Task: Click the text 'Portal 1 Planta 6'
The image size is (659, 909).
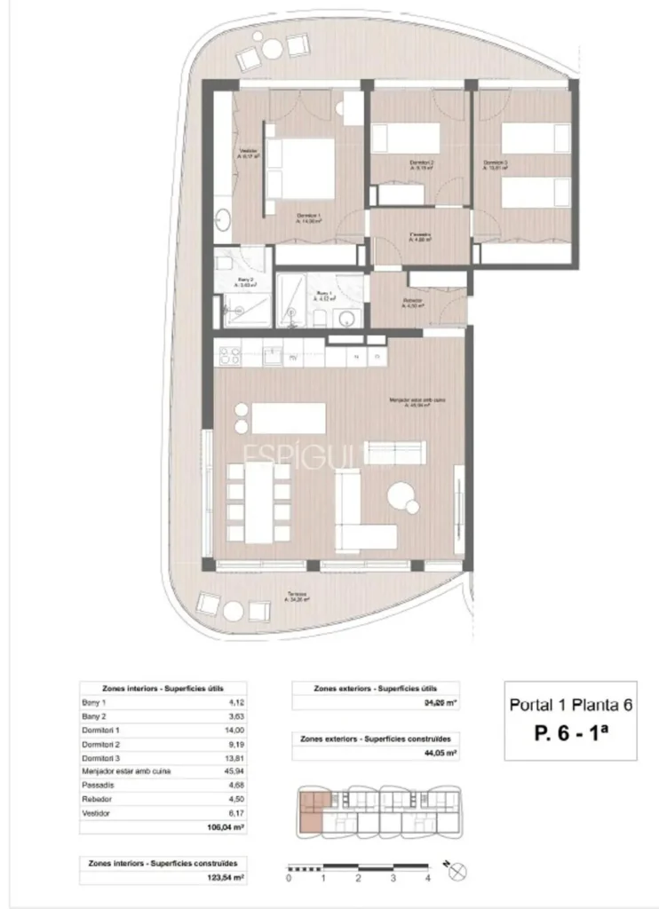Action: click(570, 706)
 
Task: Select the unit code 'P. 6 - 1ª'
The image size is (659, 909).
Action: click(570, 732)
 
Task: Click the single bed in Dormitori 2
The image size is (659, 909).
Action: click(407, 138)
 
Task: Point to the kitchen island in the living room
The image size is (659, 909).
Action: click(289, 417)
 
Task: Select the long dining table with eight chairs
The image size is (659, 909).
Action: click(259, 502)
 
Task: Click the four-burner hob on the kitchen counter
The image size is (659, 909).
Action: click(230, 356)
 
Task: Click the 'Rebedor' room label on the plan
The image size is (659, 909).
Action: click(412, 302)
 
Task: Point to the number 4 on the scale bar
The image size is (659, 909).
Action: click(427, 877)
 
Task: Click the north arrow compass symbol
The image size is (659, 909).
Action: click(457, 872)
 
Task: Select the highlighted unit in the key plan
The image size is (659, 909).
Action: click(311, 812)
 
